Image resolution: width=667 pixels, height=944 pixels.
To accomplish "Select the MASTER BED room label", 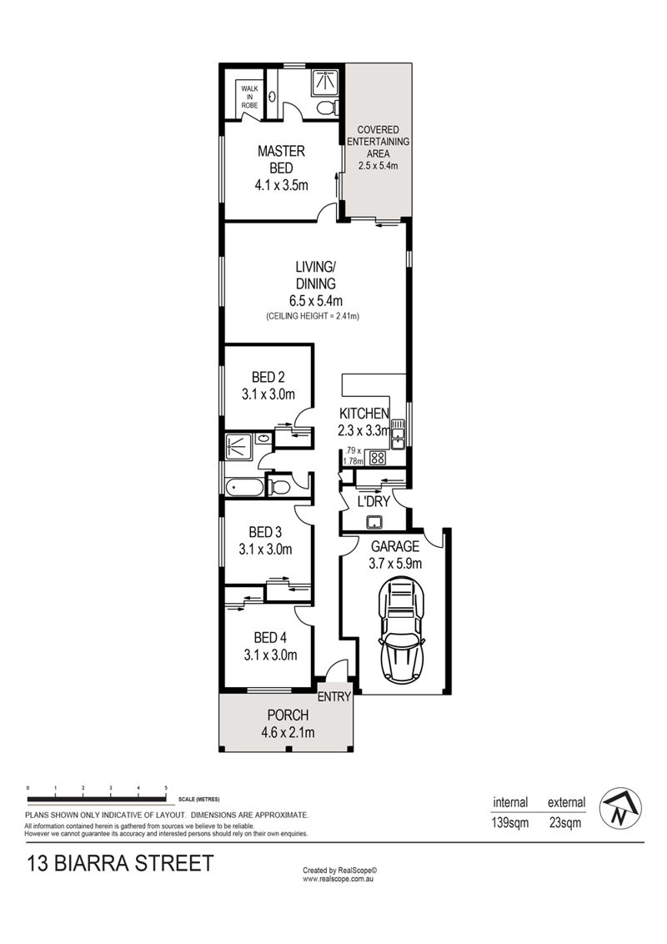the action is tap(281, 159).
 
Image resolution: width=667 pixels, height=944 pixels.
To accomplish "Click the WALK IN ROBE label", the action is tap(249, 97).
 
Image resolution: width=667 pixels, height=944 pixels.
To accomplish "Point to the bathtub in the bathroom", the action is tap(244, 486).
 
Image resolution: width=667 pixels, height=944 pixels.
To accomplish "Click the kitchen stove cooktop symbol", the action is tap(378, 458).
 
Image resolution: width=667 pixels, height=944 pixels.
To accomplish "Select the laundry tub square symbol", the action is tap(374, 520).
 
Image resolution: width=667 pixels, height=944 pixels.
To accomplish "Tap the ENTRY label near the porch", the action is tap(334, 696).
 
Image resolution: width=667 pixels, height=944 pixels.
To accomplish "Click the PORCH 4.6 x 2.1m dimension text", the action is tap(288, 733).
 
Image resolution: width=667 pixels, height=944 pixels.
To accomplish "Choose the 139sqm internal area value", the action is tap(510, 822).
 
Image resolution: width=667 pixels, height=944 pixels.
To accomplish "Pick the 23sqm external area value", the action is tap(565, 822).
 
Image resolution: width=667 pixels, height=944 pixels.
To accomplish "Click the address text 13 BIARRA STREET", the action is tap(120, 863).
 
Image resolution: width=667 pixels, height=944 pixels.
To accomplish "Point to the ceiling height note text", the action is tap(313, 316).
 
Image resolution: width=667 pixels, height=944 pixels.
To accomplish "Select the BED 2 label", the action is tap(268, 377).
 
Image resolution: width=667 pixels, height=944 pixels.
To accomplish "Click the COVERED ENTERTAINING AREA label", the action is tap(378, 142).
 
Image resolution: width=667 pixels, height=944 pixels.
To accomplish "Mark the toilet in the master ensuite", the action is tap(326, 108).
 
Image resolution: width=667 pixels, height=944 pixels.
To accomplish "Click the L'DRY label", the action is tap(374, 501).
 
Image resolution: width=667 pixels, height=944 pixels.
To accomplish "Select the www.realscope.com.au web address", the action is tap(339, 879).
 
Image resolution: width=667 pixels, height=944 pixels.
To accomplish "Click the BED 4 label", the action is tap(269, 637).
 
